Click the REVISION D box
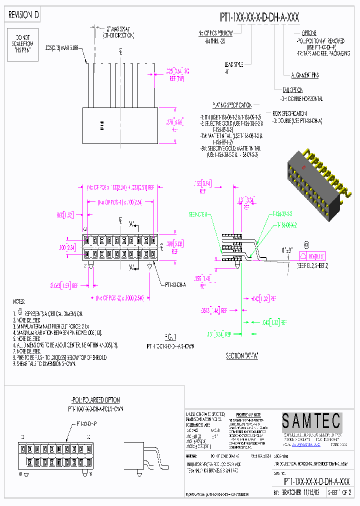tap(24, 15)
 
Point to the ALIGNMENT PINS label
tap(304, 75)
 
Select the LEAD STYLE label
tap(233, 64)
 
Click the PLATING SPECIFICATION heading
tap(231, 105)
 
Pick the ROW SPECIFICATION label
tap(289, 113)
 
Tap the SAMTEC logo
tap(310, 421)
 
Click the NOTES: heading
tap(19, 302)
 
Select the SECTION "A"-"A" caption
tap(241, 356)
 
